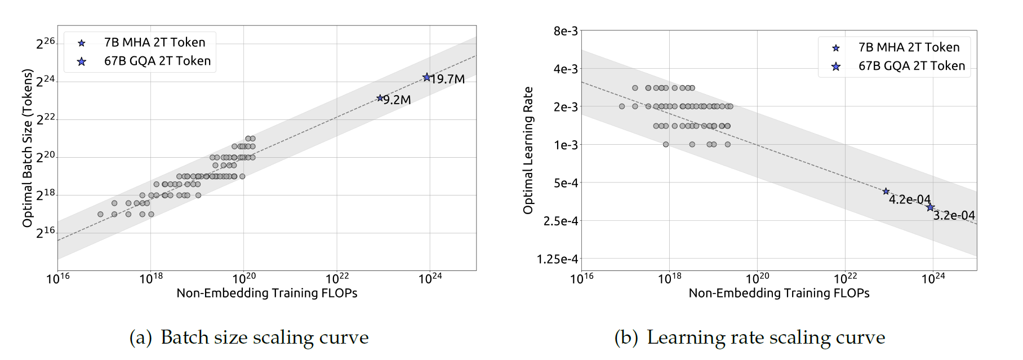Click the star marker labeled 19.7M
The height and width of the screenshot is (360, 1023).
pyautogui.click(x=426, y=77)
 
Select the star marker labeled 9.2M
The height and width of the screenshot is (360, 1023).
pyautogui.click(x=380, y=98)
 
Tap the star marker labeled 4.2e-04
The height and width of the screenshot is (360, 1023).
pyautogui.click(x=886, y=192)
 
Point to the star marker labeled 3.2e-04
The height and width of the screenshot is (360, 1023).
pyautogui.click(x=930, y=207)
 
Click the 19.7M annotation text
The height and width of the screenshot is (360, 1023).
pyautogui.click(x=448, y=79)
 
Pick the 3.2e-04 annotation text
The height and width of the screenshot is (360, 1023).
pyautogui.click(x=954, y=215)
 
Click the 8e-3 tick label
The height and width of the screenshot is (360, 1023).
pyautogui.click(x=566, y=31)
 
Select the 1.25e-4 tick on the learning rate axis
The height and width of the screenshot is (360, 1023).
pyautogui.click(x=557, y=259)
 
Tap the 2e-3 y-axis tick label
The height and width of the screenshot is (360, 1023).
pyautogui.click(x=566, y=107)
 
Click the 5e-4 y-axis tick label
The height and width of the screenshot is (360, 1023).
pyautogui.click(x=566, y=183)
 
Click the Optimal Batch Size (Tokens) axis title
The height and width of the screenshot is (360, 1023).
pyautogui.click(x=27, y=148)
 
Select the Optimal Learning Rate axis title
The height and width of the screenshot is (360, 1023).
pyautogui.click(x=528, y=150)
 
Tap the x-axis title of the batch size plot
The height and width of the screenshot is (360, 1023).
pyautogui.click(x=267, y=293)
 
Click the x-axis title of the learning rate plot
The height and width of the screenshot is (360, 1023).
pyautogui.click(x=779, y=293)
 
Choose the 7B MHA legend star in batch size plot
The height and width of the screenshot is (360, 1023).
pyautogui.click(x=82, y=43)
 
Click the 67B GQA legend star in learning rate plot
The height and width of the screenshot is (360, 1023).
pyautogui.click(x=836, y=66)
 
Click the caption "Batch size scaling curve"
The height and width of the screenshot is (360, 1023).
pyautogui.click(x=265, y=337)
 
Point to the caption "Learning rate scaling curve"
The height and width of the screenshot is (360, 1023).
pyautogui.click(x=766, y=337)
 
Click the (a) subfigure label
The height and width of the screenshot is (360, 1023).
pyautogui.click(x=141, y=337)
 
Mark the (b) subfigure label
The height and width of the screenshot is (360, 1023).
pyautogui.click(x=626, y=337)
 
